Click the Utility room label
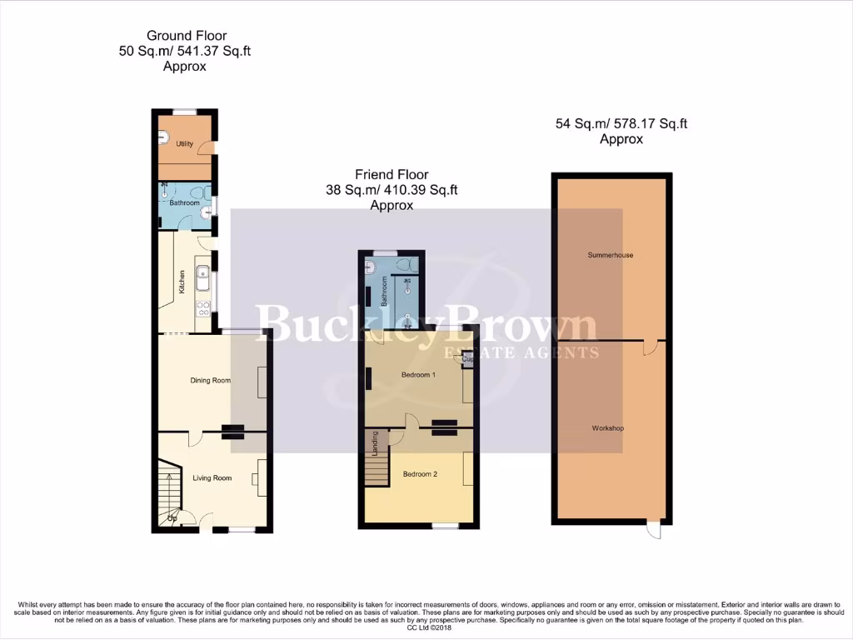(184, 144)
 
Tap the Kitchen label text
(181, 281)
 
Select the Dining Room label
(210, 380)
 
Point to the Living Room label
(212, 478)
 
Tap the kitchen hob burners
(202, 311)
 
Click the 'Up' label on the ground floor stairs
(173, 519)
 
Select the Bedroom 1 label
(418, 375)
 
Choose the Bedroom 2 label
(420, 474)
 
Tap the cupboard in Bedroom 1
(467, 359)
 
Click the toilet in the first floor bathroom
(407, 265)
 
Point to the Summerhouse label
(610, 255)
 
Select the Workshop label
(608, 428)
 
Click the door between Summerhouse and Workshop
(649, 346)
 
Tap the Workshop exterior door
(654, 529)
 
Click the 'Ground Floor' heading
(187, 36)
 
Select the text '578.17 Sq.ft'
(650, 124)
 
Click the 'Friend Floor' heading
(392, 175)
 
